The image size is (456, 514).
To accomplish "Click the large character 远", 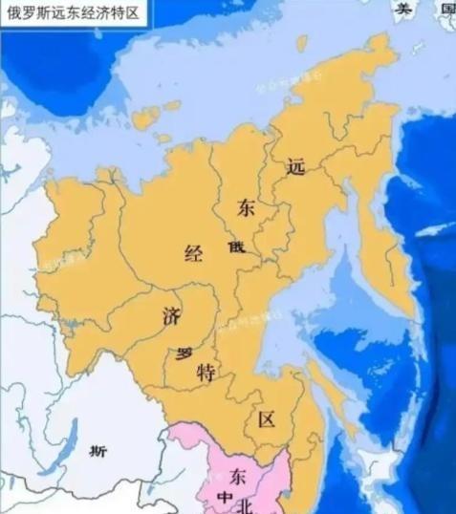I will (294, 165).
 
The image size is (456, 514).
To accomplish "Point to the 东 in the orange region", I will (248, 208).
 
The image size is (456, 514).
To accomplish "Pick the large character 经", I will (194, 253).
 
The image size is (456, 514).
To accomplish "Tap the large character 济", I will (171, 314).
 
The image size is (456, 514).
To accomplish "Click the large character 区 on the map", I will (267, 420).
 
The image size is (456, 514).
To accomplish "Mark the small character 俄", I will (236, 246).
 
